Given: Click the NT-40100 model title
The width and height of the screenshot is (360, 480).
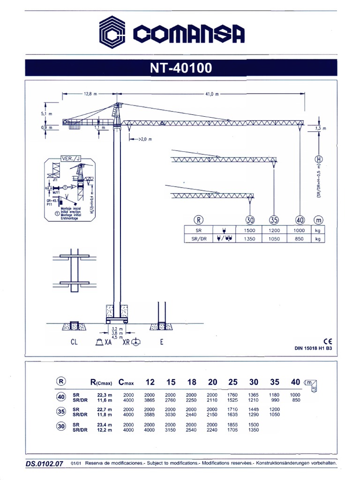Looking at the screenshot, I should pyautogui.click(x=180, y=68).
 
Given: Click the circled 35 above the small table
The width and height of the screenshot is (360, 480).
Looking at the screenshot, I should pyautogui.click(x=274, y=219).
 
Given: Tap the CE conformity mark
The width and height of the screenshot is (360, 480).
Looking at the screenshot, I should pyautogui.click(x=327, y=341).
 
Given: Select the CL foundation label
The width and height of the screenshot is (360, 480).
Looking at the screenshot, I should pyautogui.click(x=74, y=342).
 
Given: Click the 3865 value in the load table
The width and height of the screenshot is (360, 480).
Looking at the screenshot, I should pyautogui.click(x=149, y=401).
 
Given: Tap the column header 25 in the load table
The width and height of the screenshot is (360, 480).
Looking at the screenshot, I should pyautogui.click(x=233, y=382).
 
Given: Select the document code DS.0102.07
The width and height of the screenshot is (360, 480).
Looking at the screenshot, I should pyautogui.click(x=45, y=464).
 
